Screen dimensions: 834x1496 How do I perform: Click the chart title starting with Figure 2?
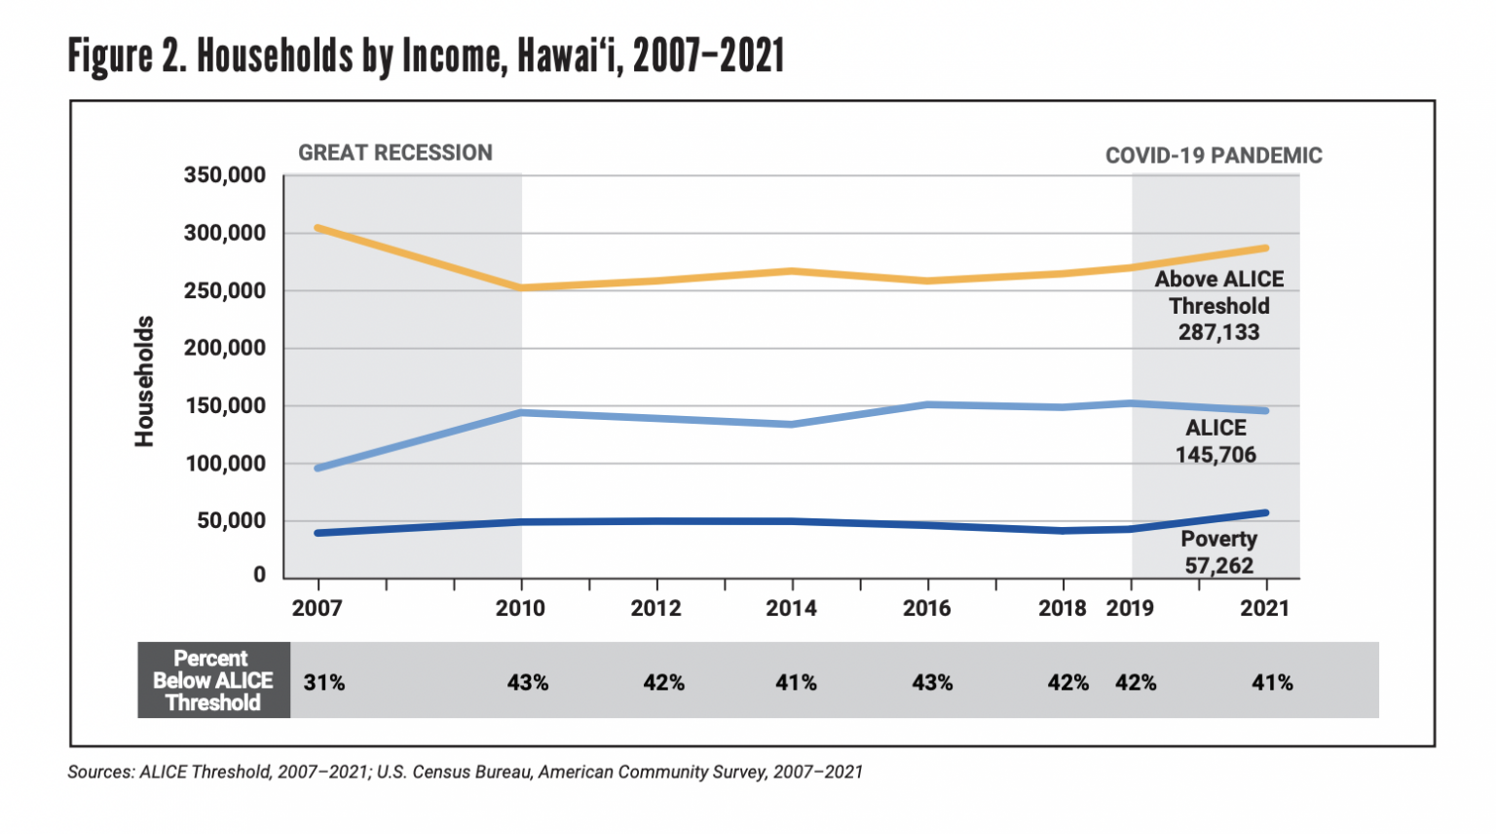click(x=426, y=56)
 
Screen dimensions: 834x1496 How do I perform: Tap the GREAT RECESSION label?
click(x=394, y=153)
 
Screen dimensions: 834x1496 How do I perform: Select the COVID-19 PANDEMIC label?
click(x=1213, y=156)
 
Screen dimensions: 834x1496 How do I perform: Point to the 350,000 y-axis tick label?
click(x=224, y=176)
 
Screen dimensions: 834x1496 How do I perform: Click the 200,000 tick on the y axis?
click(x=224, y=349)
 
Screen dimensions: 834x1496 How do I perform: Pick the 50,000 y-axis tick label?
click(x=231, y=521)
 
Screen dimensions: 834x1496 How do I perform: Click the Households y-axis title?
click(x=144, y=381)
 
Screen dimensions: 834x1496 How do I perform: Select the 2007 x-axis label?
click(x=317, y=609)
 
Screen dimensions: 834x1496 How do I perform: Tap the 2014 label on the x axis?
click(x=791, y=609)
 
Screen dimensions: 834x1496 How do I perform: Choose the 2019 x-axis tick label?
click(x=1130, y=609)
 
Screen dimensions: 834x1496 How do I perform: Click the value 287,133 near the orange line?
click(x=1218, y=332)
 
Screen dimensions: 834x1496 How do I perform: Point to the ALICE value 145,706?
click(x=1215, y=455)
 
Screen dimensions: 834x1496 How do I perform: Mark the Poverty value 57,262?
click(x=1218, y=565)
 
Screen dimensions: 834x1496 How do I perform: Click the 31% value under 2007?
click(x=324, y=683)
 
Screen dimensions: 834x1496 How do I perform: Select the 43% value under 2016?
click(x=932, y=683)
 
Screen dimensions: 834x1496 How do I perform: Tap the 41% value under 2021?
click(x=1272, y=683)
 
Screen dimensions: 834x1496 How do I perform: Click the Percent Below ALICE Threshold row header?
click(x=213, y=680)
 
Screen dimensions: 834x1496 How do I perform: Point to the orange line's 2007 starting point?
click(x=318, y=228)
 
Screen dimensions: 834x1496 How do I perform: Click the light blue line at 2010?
click(x=521, y=413)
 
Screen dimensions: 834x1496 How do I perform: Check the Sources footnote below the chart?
click(x=465, y=773)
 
